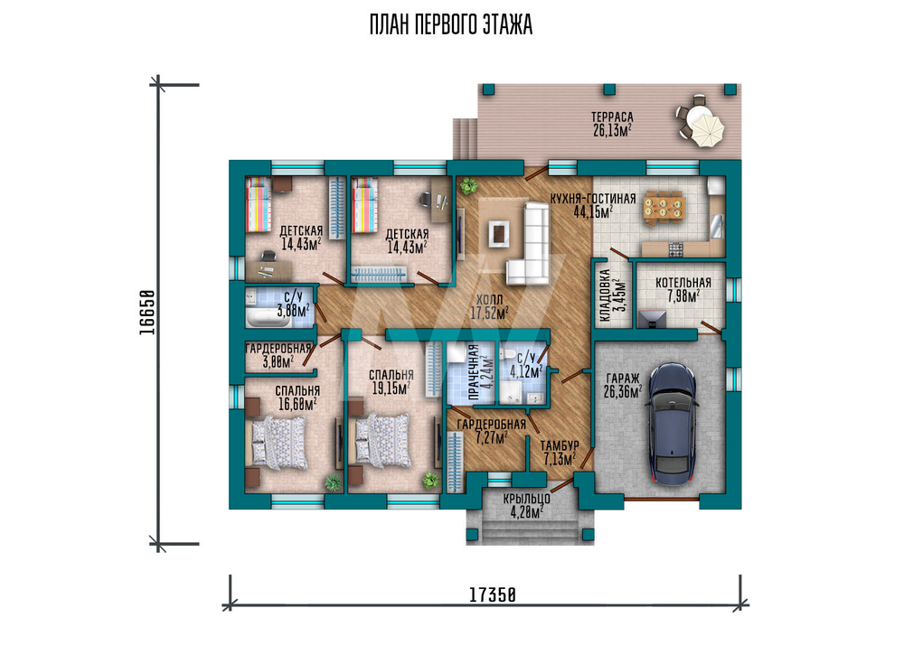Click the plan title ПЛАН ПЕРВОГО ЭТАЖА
[x=451, y=25]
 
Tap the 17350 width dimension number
[x=492, y=594]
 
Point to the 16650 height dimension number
[x=146, y=312]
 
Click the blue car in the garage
[x=673, y=424]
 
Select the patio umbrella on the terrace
[x=704, y=128]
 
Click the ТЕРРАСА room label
[x=612, y=117]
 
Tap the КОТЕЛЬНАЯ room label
[x=683, y=283]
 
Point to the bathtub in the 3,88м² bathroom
[x=268, y=317]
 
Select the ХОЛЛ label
[x=489, y=300]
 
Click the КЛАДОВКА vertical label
[x=605, y=295]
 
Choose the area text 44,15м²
[x=593, y=212]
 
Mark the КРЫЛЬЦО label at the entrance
[x=526, y=499]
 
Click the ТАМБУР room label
[x=560, y=445]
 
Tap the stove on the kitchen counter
[x=675, y=249]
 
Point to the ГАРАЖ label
[x=623, y=379]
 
